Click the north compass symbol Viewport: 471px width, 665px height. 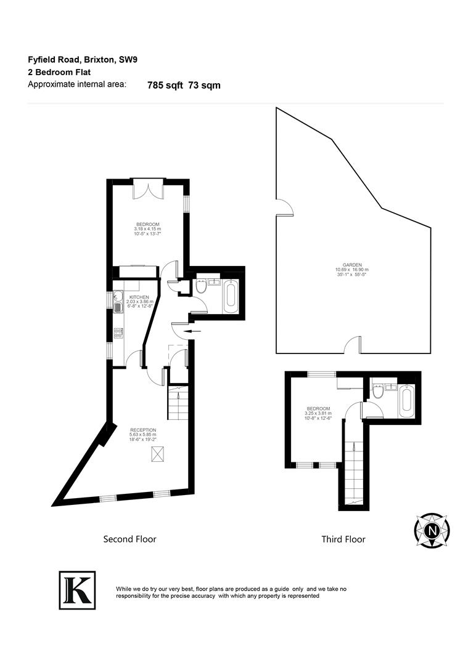coord(432,529)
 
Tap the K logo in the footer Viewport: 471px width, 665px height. coord(77,590)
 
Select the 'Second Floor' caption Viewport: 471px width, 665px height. coord(129,539)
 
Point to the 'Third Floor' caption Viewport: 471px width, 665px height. coord(343,539)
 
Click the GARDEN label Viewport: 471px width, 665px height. coord(353,264)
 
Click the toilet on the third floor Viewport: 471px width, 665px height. coord(378,392)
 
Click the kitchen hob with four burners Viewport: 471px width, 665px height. coord(118,333)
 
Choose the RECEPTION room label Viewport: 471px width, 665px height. coord(142,430)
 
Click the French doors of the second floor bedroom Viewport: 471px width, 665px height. coord(148,188)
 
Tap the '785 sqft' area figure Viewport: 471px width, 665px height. coord(165,86)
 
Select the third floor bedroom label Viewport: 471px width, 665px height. coord(318,409)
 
